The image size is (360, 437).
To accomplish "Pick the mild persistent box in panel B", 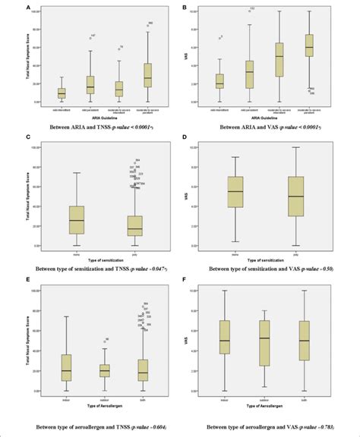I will pos(250,73).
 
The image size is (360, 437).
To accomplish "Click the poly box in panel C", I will pos(135,225).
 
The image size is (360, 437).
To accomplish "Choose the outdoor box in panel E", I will pos(104,369).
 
